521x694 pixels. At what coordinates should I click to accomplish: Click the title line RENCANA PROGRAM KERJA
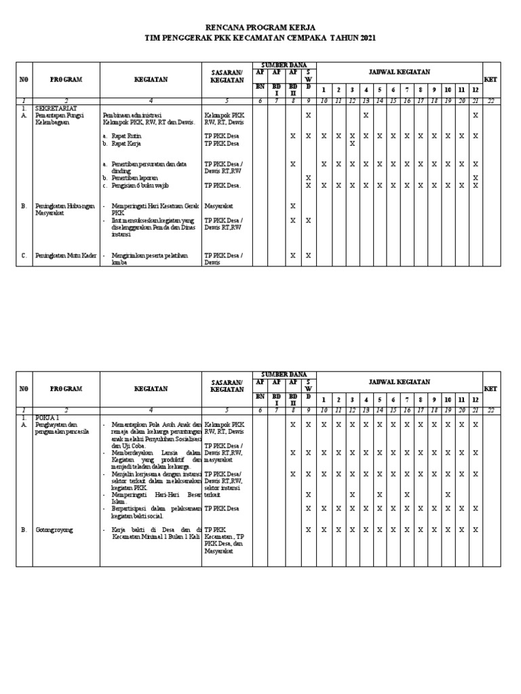point(260,28)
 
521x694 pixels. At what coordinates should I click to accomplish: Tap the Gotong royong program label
point(55,529)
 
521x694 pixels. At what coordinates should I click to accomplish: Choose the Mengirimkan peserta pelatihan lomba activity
point(148,259)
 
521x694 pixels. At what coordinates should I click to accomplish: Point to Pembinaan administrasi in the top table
point(142,115)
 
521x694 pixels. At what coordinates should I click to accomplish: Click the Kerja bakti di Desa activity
point(156,533)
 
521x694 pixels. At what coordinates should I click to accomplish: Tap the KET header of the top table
point(490,79)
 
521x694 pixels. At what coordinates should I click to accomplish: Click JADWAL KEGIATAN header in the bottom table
point(398,381)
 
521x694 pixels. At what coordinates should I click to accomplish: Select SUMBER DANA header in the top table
point(279,65)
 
